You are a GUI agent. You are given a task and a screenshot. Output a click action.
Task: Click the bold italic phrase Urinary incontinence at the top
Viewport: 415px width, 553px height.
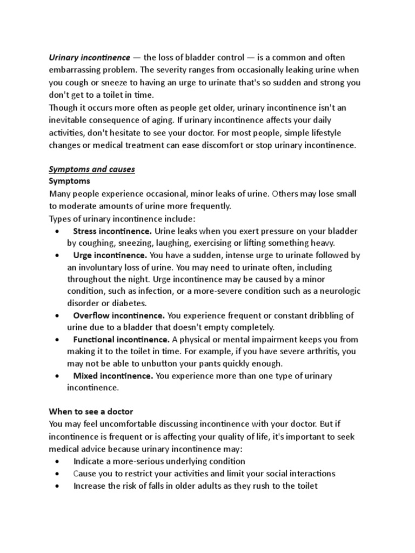[x=90, y=57]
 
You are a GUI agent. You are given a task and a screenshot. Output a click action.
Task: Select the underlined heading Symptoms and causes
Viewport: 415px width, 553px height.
[x=92, y=170]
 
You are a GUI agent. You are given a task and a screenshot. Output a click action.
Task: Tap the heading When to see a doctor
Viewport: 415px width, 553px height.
[x=91, y=412]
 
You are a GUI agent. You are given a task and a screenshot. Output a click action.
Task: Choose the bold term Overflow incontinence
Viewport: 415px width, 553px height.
[x=119, y=315]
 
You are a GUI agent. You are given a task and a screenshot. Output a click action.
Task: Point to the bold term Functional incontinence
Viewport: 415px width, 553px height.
[x=121, y=340]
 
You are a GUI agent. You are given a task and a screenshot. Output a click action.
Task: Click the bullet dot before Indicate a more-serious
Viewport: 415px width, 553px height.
[x=58, y=462]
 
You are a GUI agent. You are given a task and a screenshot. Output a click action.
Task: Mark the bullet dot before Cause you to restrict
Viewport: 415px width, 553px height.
[x=58, y=474]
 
